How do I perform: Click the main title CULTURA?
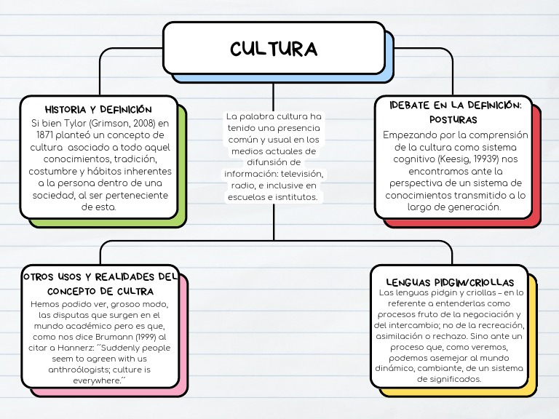(274, 49)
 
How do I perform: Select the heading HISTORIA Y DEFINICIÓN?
(98, 109)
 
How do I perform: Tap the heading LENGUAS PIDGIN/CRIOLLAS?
(450, 282)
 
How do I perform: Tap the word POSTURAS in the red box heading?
(453, 119)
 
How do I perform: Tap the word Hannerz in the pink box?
(82, 348)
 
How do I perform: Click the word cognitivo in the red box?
(414, 158)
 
